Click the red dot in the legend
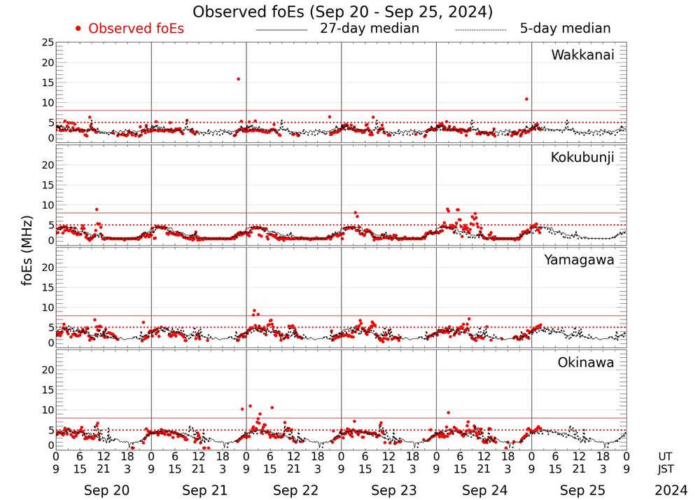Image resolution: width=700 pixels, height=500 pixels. [78, 29]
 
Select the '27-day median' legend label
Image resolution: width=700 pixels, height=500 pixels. [370, 29]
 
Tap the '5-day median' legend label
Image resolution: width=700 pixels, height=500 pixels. [566, 29]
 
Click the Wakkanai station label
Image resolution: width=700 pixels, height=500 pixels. [582, 55]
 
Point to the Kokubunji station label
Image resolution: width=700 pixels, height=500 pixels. [582, 158]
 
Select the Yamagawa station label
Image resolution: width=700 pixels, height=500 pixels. [580, 260]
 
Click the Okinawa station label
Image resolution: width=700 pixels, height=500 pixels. [586, 362]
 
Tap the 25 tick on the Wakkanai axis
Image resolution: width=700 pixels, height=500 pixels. [48, 43]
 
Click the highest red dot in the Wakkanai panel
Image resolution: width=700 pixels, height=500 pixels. [238, 79]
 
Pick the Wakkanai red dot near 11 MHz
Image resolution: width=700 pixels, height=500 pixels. [526, 99]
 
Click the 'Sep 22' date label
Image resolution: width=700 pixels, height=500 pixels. [297, 490]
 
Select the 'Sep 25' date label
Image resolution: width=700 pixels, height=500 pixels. [582, 490]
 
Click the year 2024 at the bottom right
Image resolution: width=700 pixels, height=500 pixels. [671, 490]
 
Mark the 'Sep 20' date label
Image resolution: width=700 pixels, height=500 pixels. [106, 490]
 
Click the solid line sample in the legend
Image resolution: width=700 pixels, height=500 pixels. [281, 30]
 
